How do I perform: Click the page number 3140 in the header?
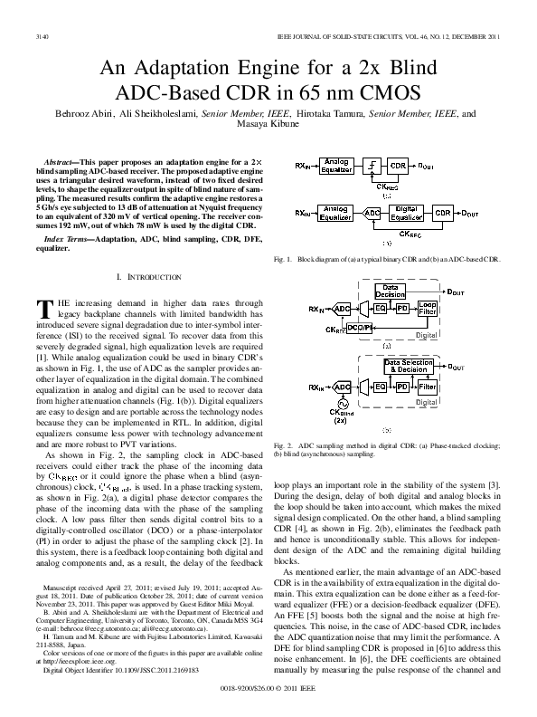pyautogui.click(x=40, y=38)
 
